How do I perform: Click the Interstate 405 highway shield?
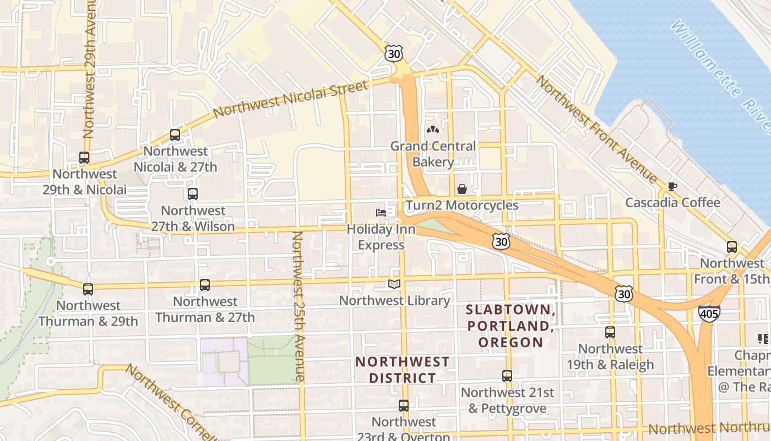click(x=709, y=313)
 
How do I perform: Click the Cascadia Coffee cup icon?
click(x=672, y=186)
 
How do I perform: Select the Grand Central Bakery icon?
click(x=433, y=130)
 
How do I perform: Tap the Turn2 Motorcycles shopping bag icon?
click(x=462, y=189)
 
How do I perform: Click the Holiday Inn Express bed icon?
click(x=381, y=212)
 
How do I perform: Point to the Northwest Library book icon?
click(x=394, y=284)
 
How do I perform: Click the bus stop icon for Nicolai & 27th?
click(x=175, y=135)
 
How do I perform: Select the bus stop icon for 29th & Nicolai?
click(x=84, y=158)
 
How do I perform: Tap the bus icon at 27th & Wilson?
click(x=192, y=194)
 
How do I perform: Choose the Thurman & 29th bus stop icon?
click(x=88, y=289)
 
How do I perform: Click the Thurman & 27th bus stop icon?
click(x=205, y=285)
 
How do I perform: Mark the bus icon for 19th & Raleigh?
click(x=610, y=332)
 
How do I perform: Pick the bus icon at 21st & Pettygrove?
click(x=507, y=376)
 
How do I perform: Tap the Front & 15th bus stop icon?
click(x=731, y=247)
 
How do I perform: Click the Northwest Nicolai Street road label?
click(x=290, y=99)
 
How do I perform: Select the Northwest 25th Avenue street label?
click(x=298, y=306)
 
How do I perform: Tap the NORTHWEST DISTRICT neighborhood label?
click(x=402, y=370)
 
